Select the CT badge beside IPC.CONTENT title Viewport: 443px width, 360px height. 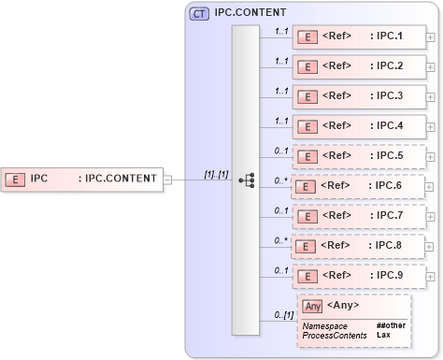click(199, 14)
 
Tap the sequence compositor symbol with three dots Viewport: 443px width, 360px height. click(246, 180)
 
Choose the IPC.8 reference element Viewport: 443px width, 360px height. click(358, 246)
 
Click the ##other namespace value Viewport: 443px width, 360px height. click(390, 324)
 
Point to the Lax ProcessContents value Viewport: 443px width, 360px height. click(383, 334)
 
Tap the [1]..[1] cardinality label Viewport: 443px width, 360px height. click(217, 174)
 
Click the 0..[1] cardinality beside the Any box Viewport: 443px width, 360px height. click(281, 315)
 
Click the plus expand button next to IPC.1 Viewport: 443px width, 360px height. click(430, 38)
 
